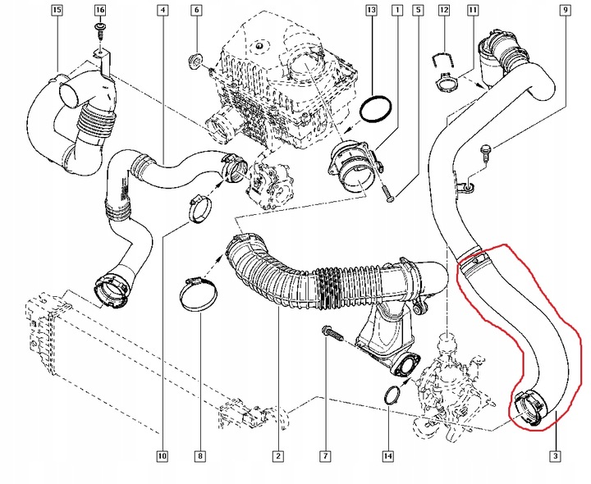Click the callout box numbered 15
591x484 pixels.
(56, 11)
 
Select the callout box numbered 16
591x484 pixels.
(99, 11)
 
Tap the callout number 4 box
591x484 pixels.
(163, 11)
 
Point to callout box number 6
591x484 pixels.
(196, 11)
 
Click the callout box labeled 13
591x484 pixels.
(371, 11)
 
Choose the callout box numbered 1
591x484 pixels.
(396, 11)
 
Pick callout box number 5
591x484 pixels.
(419, 11)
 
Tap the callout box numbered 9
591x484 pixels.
(566, 11)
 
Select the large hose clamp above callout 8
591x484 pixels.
(197, 295)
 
